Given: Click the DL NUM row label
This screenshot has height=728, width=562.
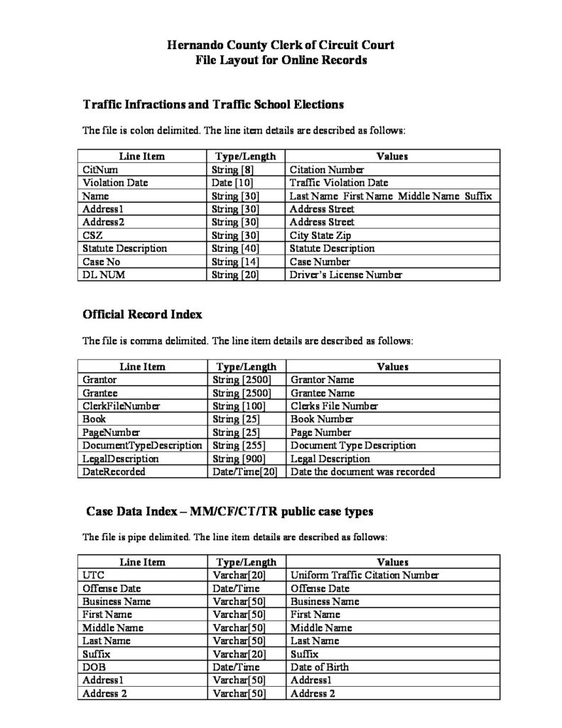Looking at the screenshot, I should [104, 274].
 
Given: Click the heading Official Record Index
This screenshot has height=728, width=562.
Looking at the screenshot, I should [143, 313].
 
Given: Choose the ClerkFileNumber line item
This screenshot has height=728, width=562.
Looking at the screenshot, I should [121, 406].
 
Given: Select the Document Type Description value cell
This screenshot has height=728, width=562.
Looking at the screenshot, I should [353, 445].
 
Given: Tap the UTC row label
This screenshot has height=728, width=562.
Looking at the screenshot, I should [93, 575].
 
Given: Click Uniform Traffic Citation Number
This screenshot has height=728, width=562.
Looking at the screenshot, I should [364, 575].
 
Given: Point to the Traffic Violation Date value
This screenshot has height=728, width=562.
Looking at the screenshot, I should [340, 183].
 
